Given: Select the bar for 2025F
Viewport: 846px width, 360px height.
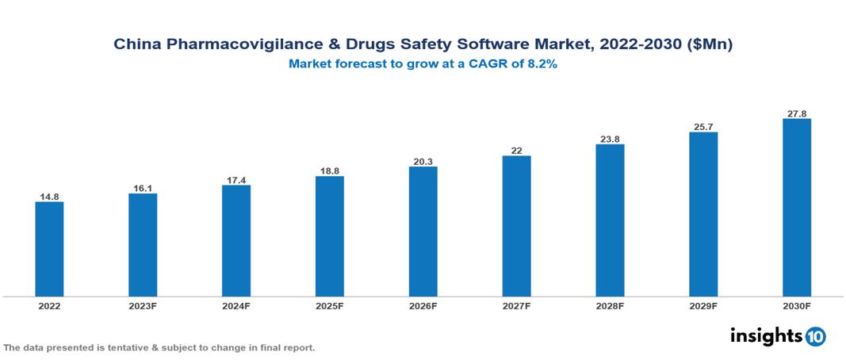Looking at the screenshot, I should point(329,236).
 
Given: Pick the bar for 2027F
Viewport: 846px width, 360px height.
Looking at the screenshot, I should point(516,226).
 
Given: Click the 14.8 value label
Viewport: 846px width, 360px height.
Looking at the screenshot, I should point(49,196).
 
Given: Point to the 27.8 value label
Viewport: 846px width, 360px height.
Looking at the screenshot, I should point(796,113).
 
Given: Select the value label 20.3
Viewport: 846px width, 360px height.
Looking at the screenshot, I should point(423,162).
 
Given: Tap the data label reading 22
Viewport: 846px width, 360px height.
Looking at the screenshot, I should point(516,151).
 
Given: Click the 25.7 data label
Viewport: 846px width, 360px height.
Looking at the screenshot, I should point(703,127).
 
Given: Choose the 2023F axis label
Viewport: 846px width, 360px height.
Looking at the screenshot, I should point(143,306).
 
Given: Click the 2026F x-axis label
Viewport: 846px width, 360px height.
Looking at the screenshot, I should point(423,306).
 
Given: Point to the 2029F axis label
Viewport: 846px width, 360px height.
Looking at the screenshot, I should point(703,306).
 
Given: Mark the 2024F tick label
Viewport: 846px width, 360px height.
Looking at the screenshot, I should point(236,306).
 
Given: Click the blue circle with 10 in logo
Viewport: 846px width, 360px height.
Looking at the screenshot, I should point(815,336).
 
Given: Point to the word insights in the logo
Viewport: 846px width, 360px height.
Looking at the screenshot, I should point(765,335).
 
